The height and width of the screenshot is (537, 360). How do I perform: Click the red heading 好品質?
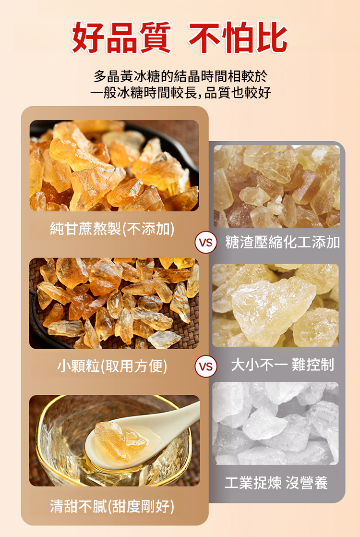(x=121, y=37)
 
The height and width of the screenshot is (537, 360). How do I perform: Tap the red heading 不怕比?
(x=238, y=37)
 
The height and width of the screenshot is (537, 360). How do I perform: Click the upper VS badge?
(x=205, y=243)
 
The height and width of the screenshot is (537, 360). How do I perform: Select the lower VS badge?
(x=205, y=367)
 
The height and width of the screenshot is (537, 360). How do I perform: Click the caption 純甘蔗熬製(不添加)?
(x=112, y=229)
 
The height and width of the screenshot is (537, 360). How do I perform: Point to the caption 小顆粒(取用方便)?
(x=112, y=366)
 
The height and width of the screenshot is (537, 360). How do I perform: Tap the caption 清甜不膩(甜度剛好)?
(x=112, y=506)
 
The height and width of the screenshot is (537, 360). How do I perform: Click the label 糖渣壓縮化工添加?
(x=282, y=243)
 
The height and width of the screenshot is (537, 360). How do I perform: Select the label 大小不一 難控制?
(x=282, y=365)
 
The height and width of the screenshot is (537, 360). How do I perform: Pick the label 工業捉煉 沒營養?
(x=276, y=483)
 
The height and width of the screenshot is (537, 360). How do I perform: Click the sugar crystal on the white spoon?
(x=120, y=440)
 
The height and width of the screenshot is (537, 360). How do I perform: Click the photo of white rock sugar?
(x=276, y=423)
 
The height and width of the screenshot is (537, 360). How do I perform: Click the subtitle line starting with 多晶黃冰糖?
(x=180, y=76)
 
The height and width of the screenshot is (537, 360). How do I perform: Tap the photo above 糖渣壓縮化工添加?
(x=277, y=186)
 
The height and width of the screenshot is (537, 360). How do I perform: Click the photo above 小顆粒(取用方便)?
(x=114, y=304)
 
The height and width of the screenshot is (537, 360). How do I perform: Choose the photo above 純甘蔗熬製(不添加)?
(x=114, y=165)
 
